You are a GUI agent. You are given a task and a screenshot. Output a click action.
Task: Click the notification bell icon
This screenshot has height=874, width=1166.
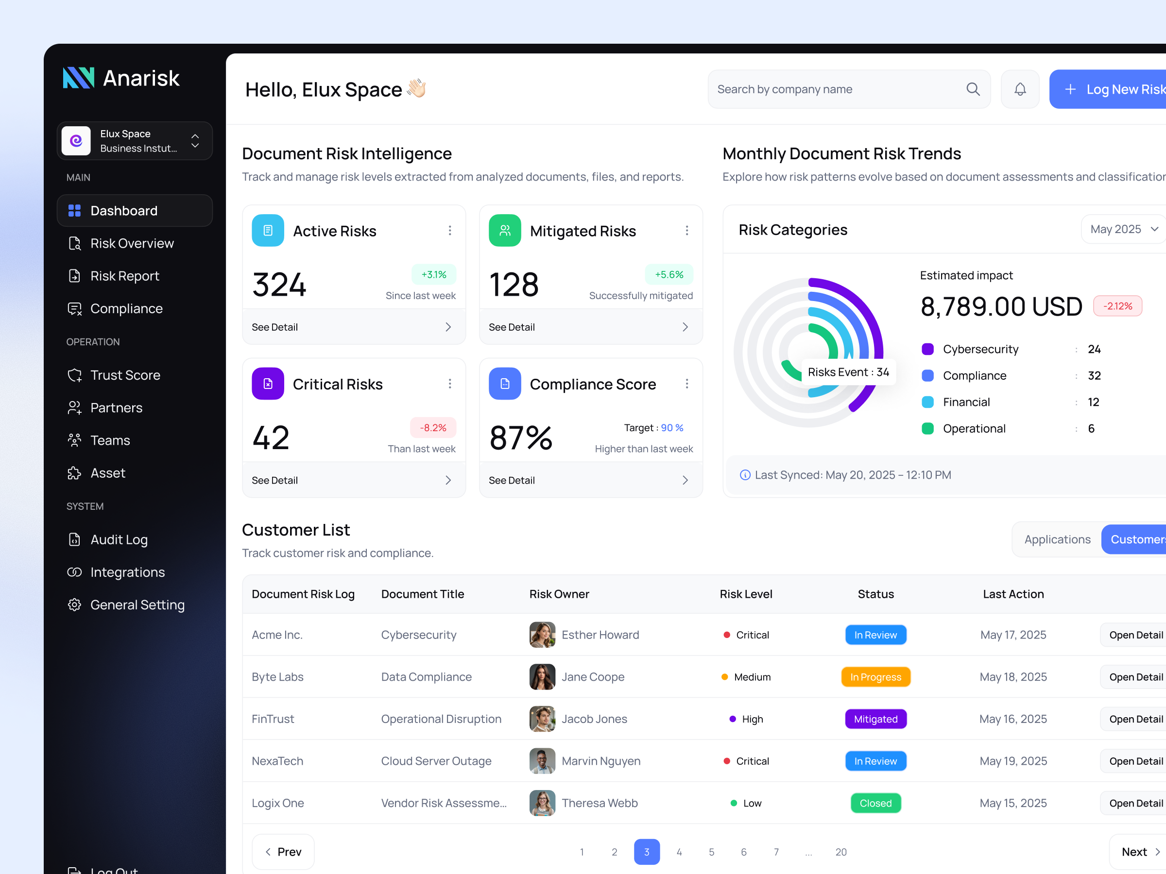(x=1019, y=89)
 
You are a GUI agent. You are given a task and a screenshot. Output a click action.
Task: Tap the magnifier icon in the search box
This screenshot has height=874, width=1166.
(x=973, y=89)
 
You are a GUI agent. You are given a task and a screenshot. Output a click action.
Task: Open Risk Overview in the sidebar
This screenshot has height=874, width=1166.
(x=132, y=243)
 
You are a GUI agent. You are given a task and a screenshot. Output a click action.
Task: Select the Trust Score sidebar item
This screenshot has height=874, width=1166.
(x=125, y=375)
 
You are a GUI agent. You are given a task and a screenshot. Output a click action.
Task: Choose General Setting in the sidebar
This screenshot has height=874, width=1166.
(x=137, y=605)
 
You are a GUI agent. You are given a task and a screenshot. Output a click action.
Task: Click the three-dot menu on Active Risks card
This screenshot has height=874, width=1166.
(x=449, y=231)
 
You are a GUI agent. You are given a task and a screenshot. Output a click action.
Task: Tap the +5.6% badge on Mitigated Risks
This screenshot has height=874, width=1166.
(x=669, y=274)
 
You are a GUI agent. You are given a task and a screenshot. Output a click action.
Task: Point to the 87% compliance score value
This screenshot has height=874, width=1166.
(x=520, y=438)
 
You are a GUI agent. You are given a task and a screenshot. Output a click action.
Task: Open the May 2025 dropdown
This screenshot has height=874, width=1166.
(x=1123, y=229)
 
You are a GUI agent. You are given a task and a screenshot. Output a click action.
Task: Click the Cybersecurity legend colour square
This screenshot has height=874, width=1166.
(x=927, y=349)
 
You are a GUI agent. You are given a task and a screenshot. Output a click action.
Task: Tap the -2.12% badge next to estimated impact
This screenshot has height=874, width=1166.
(x=1117, y=306)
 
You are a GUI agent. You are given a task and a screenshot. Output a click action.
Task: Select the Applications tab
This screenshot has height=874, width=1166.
(x=1057, y=539)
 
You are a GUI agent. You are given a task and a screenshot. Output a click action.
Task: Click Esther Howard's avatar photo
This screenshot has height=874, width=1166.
(x=542, y=635)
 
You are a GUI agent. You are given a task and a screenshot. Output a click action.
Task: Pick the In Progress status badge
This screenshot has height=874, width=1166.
(x=875, y=677)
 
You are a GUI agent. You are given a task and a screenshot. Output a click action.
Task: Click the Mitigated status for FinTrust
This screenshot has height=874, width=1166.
(x=875, y=719)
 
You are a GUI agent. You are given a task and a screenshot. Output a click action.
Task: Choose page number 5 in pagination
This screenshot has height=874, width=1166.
(x=711, y=852)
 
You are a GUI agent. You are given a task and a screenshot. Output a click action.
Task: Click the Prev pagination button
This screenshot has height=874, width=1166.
(x=283, y=852)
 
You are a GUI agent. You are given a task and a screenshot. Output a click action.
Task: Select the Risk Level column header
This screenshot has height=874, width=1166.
(x=745, y=594)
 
